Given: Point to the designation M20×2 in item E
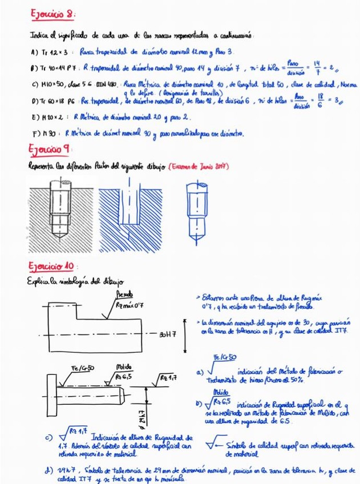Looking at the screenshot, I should pyautogui.click(x=56, y=118).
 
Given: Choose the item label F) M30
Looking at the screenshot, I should pyautogui.click(x=47, y=135).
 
